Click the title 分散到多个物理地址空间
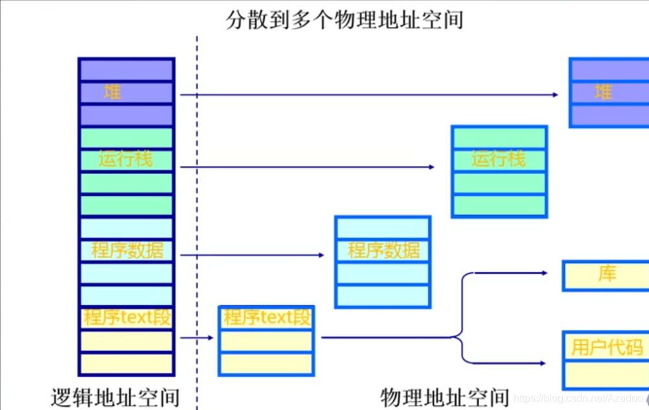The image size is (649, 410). tap(345, 20)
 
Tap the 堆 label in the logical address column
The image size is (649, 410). tap(113, 92)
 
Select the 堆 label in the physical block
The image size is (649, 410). tap(604, 92)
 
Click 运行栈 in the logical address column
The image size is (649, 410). tap(126, 159)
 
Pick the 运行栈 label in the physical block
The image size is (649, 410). tap(499, 159)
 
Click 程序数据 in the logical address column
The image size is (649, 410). tap(127, 250)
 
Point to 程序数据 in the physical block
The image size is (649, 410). tap(383, 250)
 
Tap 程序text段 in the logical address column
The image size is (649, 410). tap(127, 317)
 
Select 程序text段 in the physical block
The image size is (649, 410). tap(267, 317)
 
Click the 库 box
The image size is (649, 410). tap(606, 275)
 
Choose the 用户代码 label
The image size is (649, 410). tap(607, 347)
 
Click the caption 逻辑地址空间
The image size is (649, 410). tap(115, 396)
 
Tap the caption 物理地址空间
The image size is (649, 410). tap(445, 396)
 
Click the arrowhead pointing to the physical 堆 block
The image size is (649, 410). tap(555, 95)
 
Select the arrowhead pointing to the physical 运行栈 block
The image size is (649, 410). tap(431, 167)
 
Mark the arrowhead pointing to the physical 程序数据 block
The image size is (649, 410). tap(321, 255)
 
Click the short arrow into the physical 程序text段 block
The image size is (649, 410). tap(198, 337)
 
